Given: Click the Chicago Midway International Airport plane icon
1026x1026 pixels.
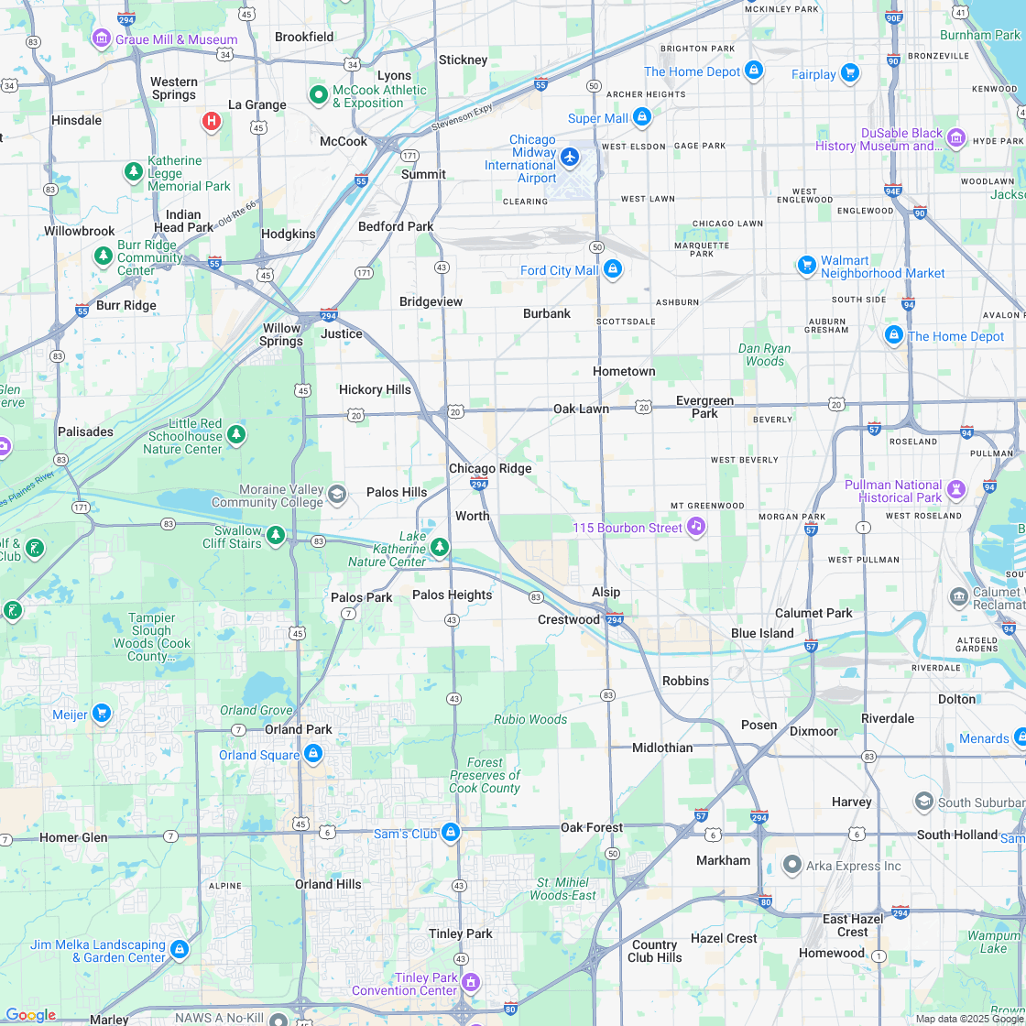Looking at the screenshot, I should tap(570, 157).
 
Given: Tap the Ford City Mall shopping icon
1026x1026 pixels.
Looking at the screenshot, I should tap(613, 269).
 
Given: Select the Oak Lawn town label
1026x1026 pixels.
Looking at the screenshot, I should tap(581, 409).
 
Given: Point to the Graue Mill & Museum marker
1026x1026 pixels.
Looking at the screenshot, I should tap(102, 38).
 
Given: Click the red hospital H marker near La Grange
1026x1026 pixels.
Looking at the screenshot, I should tap(212, 120).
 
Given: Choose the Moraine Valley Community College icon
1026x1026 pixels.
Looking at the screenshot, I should tap(337, 495).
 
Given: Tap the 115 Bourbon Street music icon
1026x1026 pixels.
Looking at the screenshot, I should tap(696, 526).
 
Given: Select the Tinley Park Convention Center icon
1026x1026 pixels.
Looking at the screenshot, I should tap(471, 982).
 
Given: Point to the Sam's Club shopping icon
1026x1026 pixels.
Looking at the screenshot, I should tap(450, 832).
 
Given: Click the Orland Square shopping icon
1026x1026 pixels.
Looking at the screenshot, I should tap(313, 753).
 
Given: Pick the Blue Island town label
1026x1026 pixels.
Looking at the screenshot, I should tap(762, 633).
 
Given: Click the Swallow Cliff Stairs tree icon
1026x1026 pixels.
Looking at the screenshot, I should tap(276, 534).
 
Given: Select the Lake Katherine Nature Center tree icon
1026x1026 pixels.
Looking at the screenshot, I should tap(440, 547).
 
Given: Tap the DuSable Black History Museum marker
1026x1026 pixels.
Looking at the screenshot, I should tap(956, 137).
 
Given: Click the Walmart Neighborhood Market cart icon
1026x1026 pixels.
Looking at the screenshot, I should tap(806, 265).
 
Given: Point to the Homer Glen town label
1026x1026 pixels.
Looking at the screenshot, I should tap(73, 837).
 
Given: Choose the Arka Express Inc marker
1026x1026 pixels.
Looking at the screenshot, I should tap(792, 864).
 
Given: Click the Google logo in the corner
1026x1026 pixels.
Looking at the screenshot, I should tap(30, 1015).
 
